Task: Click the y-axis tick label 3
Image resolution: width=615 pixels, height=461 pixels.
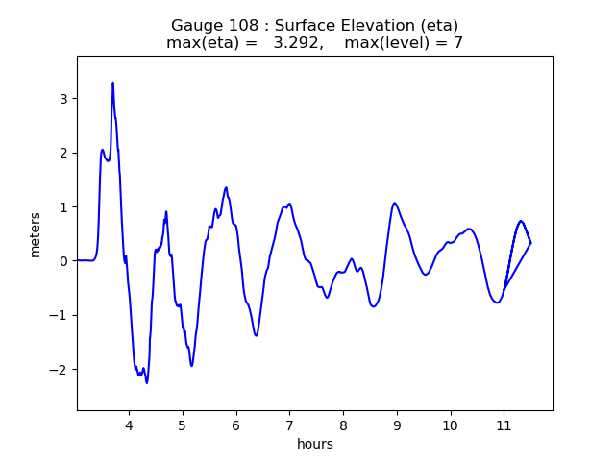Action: (x=62, y=99)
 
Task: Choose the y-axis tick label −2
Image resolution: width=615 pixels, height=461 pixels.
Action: (x=59, y=370)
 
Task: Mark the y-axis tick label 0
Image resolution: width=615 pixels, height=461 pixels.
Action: (x=62, y=261)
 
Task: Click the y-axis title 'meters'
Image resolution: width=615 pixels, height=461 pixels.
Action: (x=36, y=234)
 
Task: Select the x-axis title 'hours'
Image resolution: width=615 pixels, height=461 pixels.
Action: (x=315, y=444)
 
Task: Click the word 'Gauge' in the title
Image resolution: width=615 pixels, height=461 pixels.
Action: (x=195, y=26)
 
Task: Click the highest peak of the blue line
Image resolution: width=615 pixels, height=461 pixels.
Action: (x=112, y=83)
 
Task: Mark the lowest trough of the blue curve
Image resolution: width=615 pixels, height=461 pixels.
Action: (x=147, y=383)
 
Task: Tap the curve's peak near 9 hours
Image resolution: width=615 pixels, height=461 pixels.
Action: (x=394, y=203)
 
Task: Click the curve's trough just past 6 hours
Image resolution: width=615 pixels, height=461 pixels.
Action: (x=257, y=335)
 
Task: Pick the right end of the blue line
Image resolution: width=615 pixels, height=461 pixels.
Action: (x=530, y=242)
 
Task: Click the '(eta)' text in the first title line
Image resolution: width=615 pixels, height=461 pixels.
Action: (x=437, y=26)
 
